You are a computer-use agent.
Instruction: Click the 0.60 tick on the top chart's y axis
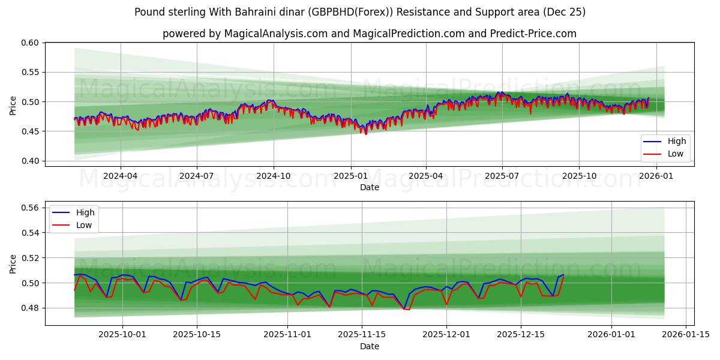[x=31, y=43]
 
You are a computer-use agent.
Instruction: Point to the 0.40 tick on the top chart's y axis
[x=31, y=161]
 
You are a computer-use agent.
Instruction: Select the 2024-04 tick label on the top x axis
[x=121, y=176]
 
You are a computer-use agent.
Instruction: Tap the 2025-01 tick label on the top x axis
[x=350, y=176]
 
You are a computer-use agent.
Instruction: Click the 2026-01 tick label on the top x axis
[x=656, y=176]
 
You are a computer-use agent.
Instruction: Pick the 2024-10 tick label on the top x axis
[x=274, y=176]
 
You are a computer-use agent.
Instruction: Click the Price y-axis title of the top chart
[x=13, y=104]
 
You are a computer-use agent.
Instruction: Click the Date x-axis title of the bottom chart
[x=370, y=346]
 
